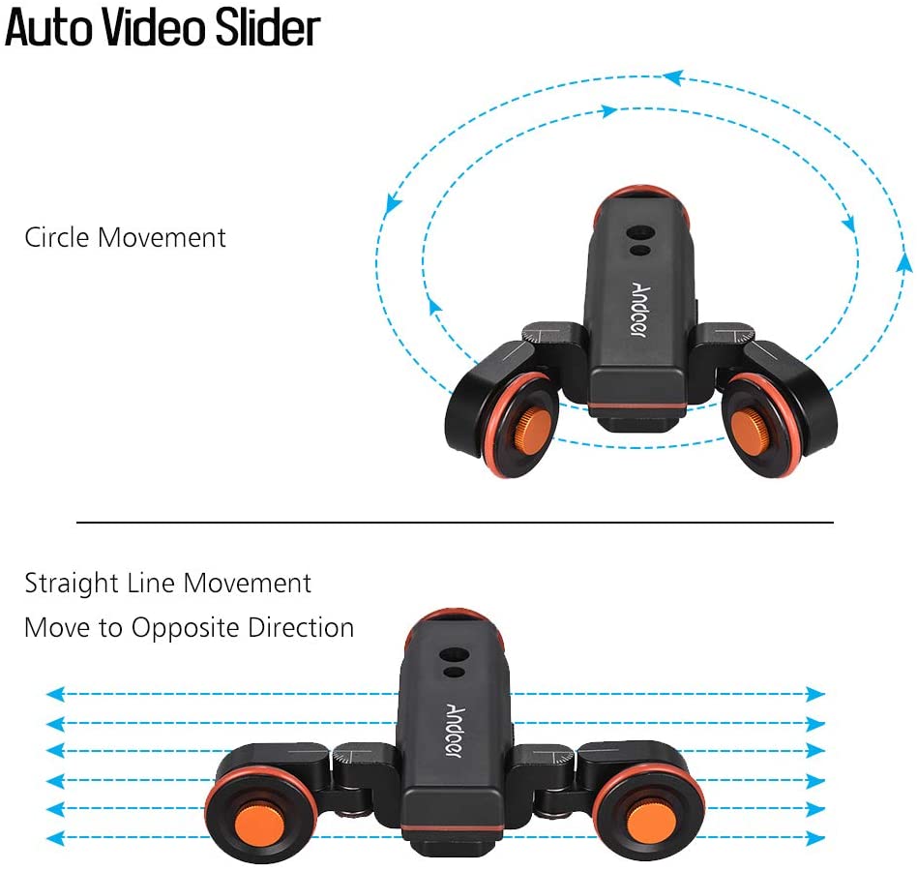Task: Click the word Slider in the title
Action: (x=268, y=27)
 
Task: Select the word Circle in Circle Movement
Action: (x=57, y=237)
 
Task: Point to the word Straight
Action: (x=72, y=584)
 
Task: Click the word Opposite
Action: (x=184, y=628)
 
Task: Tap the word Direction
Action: (x=301, y=628)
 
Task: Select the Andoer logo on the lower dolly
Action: (x=455, y=731)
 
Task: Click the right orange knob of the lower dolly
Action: (x=651, y=824)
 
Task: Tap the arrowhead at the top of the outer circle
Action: (x=672, y=76)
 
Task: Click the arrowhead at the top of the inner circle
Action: (x=609, y=110)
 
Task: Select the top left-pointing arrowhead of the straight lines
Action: (x=55, y=694)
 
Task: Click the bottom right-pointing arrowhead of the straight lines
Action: (x=815, y=838)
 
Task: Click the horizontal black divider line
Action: (x=455, y=522)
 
